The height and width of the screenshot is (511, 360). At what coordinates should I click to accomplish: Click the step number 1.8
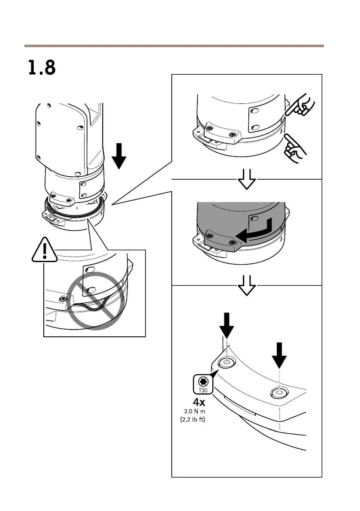pyautogui.click(x=42, y=68)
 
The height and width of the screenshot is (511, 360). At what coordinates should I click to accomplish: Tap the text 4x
pyautogui.click(x=199, y=402)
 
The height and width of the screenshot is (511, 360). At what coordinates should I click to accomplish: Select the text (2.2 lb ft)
pyautogui.click(x=192, y=420)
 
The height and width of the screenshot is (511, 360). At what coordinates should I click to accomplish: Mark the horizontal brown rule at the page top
pyautogui.click(x=174, y=45)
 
